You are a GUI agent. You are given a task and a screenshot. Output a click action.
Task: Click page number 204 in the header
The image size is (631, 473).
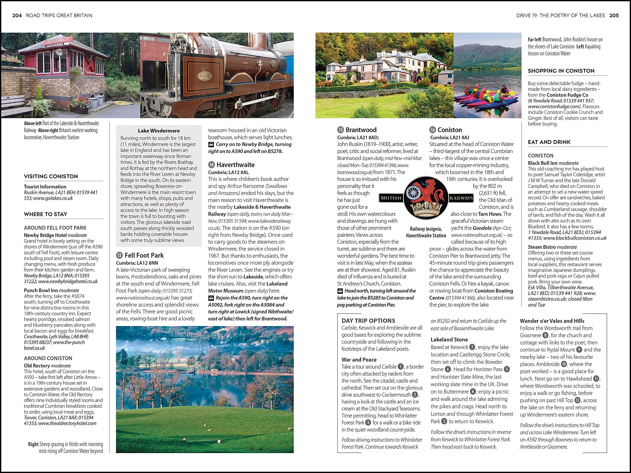(x=17, y=15)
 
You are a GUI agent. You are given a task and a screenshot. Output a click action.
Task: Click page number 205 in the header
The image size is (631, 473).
(x=614, y=15)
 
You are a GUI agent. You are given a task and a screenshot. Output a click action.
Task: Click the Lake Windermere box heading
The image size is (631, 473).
(x=158, y=131)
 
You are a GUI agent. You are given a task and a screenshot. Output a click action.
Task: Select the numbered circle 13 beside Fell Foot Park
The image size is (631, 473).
(x=119, y=255)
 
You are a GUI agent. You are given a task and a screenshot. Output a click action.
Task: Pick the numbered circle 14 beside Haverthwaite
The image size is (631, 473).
(x=211, y=165)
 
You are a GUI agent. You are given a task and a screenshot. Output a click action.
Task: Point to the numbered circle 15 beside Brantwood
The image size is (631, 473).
(x=340, y=130)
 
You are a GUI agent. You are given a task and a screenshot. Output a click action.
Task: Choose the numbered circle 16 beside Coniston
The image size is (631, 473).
(x=433, y=130)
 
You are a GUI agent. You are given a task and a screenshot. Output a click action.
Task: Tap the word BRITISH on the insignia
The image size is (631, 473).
(x=391, y=198)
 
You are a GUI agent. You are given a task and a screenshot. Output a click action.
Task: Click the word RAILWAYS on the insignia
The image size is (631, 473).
(x=461, y=198)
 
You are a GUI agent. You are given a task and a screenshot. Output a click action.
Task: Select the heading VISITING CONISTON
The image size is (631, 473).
(x=51, y=176)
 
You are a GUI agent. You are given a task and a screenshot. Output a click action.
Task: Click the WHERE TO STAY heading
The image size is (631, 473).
(x=46, y=214)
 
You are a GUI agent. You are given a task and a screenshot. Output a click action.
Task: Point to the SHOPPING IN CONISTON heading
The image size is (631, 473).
(x=561, y=71)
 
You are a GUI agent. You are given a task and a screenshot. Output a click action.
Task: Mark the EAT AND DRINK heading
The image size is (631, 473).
(x=549, y=142)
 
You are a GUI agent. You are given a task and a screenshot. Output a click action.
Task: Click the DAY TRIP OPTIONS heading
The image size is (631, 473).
(x=368, y=321)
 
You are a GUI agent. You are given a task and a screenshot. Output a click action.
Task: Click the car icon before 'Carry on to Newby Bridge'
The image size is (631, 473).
(x=211, y=144)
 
